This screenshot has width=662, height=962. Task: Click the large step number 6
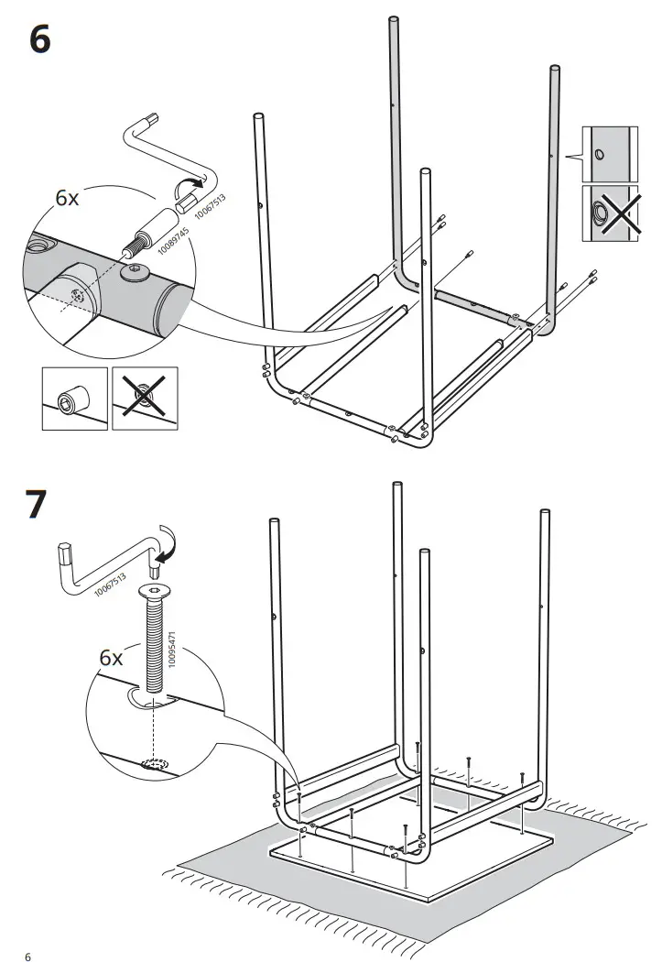pyautogui.click(x=40, y=40)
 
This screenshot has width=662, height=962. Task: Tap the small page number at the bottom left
pyautogui.click(x=28, y=932)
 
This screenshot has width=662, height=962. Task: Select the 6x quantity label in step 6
pyautogui.click(x=69, y=199)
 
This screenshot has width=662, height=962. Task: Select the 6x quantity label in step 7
pyautogui.click(x=111, y=658)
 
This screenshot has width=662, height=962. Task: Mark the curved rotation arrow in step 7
pyautogui.click(x=168, y=543)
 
